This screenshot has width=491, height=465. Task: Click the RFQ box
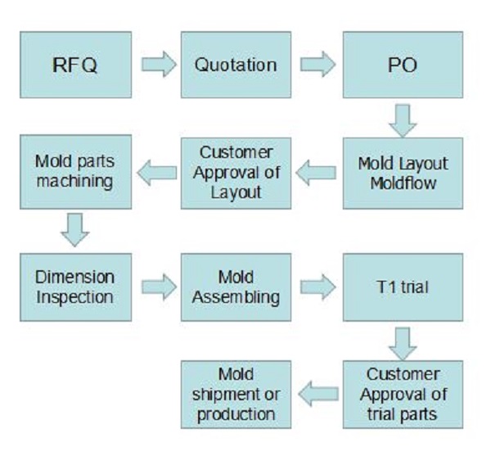[74, 66]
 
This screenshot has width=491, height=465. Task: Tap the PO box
[397, 66]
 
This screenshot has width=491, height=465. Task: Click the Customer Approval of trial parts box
[397, 394]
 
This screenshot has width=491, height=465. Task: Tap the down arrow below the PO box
[402, 119]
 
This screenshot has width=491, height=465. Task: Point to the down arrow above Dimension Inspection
[74, 228]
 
